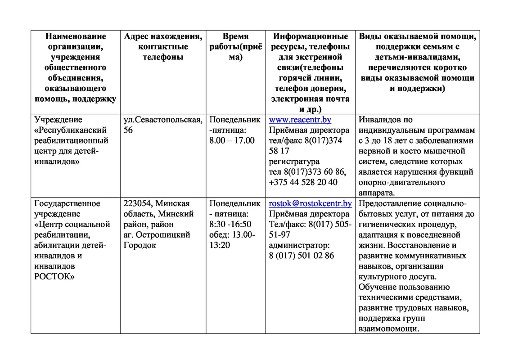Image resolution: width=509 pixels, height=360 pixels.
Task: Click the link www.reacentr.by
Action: click(x=300, y=120)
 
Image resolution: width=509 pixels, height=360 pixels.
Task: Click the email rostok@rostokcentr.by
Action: click(x=310, y=203)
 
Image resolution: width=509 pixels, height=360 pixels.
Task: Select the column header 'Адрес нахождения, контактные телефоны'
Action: click(x=162, y=47)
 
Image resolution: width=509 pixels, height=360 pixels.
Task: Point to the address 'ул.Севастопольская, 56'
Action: click(x=162, y=125)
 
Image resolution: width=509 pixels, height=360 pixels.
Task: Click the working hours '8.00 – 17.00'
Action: click(x=232, y=141)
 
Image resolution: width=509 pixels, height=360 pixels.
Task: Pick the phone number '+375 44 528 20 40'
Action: click(x=303, y=182)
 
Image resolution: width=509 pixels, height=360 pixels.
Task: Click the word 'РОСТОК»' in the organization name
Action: click(x=54, y=276)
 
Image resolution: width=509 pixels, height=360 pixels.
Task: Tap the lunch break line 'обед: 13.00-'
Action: click(x=232, y=234)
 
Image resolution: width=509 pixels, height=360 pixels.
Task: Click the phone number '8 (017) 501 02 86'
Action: click(x=301, y=256)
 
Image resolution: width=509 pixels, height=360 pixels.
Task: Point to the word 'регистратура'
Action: click(x=294, y=162)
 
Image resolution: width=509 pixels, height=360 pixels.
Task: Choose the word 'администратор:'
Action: click(x=299, y=245)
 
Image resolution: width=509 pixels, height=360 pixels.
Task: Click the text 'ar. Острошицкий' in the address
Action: click(x=157, y=234)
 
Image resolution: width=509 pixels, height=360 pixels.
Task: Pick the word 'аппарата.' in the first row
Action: click(x=377, y=193)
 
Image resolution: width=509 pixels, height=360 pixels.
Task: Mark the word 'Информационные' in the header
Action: click(x=311, y=36)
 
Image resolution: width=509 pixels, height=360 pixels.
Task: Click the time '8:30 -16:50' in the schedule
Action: click(x=230, y=224)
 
